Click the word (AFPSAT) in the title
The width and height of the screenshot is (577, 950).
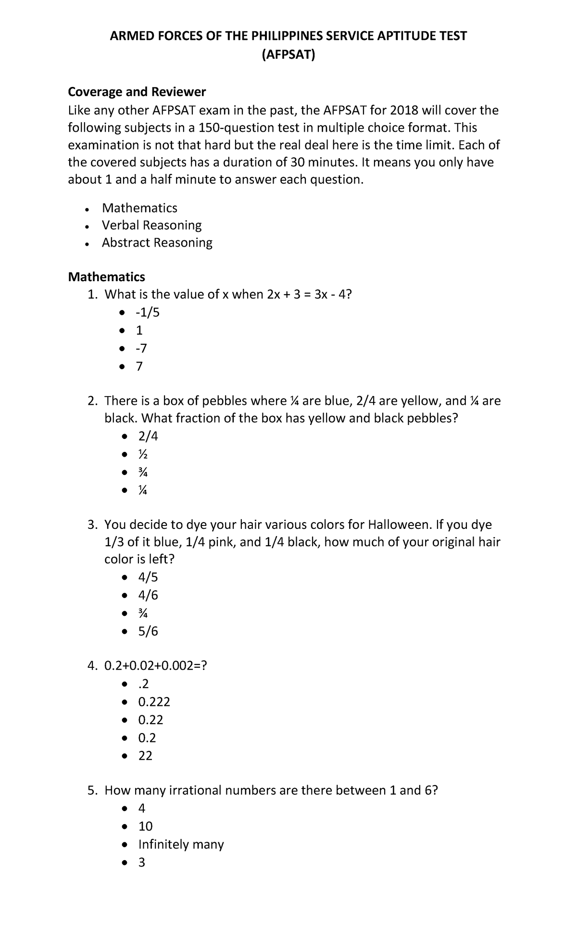coord(288,56)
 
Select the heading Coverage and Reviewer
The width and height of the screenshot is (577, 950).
coord(137,92)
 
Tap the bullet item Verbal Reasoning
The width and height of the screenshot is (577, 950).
coord(151,225)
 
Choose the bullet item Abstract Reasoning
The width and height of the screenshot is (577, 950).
coord(157,242)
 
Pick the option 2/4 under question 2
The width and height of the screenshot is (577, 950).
coord(148,436)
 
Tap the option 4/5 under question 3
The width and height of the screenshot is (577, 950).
coord(148,577)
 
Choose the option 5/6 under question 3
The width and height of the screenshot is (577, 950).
coord(148,631)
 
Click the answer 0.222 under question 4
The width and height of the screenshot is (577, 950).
coord(154,702)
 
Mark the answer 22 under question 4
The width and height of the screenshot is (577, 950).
coord(145,756)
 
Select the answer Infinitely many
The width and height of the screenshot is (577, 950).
coord(181,844)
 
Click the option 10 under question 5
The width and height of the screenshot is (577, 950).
coord(145,826)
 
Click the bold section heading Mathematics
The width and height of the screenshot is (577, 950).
coord(106,277)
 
